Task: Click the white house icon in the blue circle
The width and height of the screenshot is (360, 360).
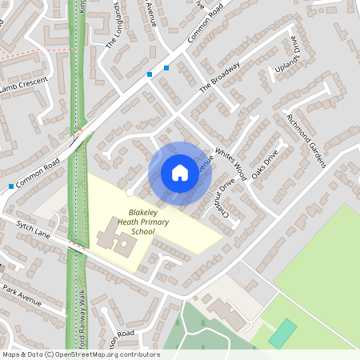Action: [180, 173]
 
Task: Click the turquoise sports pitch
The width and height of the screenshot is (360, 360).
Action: [282, 333]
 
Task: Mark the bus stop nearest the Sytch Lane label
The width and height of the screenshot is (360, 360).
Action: [10, 186]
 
